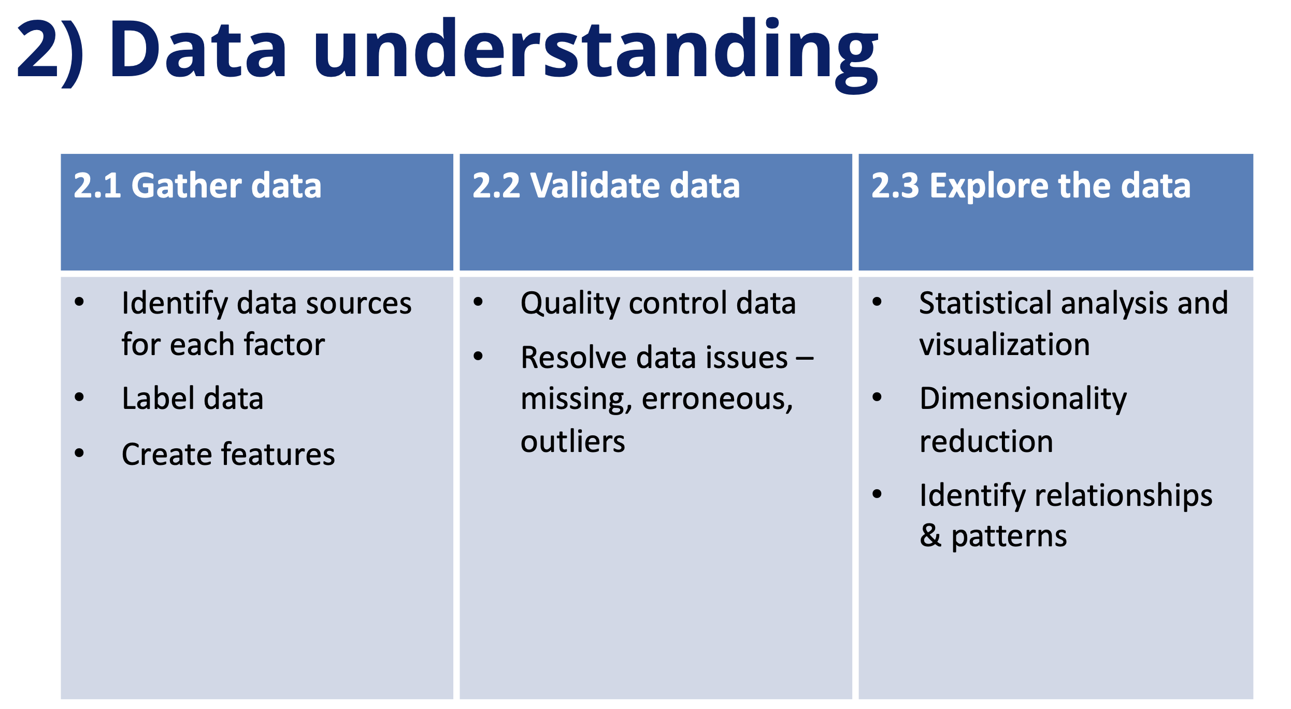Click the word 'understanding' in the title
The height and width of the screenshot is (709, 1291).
pos(596,54)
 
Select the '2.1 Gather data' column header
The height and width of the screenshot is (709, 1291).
pos(197,186)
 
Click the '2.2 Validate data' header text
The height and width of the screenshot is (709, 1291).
pos(606,186)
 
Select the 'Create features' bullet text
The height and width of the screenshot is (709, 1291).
pos(228,454)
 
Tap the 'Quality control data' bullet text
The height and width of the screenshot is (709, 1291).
pos(658,304)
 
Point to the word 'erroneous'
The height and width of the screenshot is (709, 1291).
pos(718,400)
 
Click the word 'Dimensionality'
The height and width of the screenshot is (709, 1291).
pos(1023,400)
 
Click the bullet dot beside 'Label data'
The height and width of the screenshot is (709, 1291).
pos(79,398)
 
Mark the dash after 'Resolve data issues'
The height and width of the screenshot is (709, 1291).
pos(805,358)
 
